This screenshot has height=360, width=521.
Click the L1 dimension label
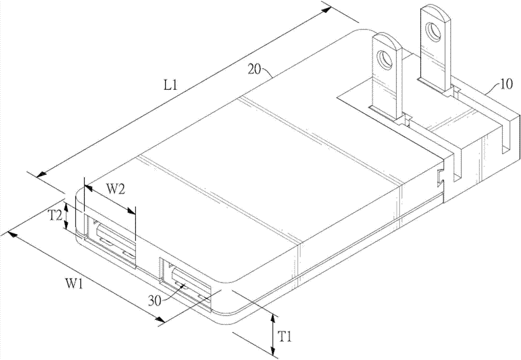coord(171,86)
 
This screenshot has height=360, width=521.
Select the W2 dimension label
coord(115,190)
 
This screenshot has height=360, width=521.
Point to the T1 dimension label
coord(284,338)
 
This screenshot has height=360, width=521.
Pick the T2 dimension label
coord(56,216)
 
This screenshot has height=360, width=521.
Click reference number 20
coord(255,70)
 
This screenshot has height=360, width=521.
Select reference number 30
coord(155,301)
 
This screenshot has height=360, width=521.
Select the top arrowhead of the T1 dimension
coord(273,318)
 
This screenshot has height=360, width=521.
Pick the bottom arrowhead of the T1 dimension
coord(273,352)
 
